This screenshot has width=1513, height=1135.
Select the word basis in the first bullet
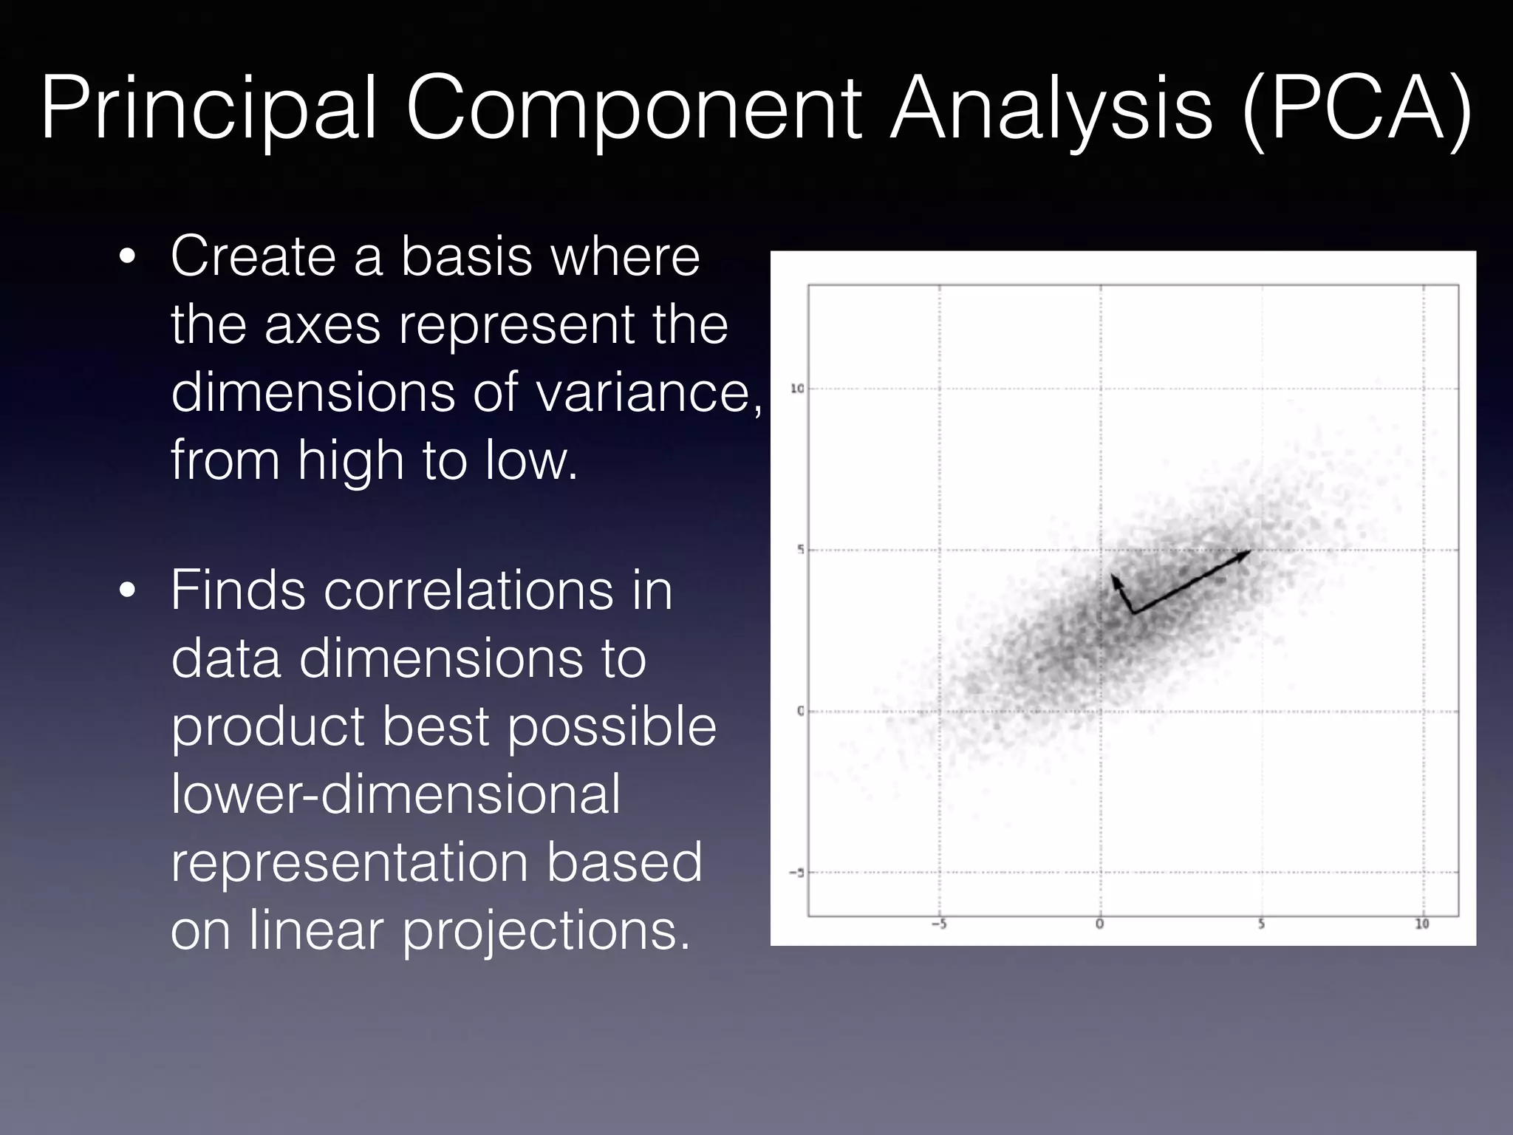(x=466, y=256)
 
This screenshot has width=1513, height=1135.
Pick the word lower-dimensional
(x=396, y=794)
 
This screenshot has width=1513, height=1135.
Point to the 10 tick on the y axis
(x=797, y=389)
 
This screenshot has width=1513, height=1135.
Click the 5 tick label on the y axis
(x=800, y=550)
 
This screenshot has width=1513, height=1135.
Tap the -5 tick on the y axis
(x=796, y=873)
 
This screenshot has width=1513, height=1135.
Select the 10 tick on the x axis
(x=1422, y=924)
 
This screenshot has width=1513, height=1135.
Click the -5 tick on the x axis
(x=938, y=924)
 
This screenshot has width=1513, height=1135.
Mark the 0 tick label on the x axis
(x=1100, y=924)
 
